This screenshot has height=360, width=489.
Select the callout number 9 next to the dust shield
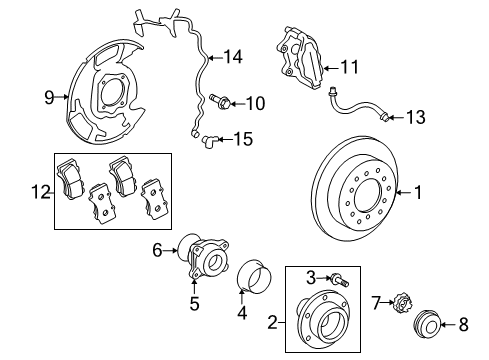click(x=47, y=98)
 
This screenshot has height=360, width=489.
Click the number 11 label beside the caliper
click(x=349, y=68)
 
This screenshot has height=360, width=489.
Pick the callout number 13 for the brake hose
click(x=415, y=118)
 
